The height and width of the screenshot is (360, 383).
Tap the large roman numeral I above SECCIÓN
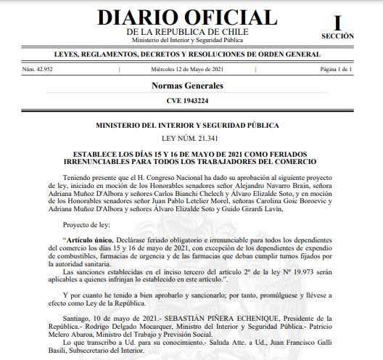coord(337,20)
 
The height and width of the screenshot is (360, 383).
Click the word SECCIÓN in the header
coord(337,36)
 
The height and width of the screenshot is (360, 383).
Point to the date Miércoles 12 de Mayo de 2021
coord(191,69)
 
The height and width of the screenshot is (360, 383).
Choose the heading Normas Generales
coord(191,86)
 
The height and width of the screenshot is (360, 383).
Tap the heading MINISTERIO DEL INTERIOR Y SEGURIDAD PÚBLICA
coord(191,125)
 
